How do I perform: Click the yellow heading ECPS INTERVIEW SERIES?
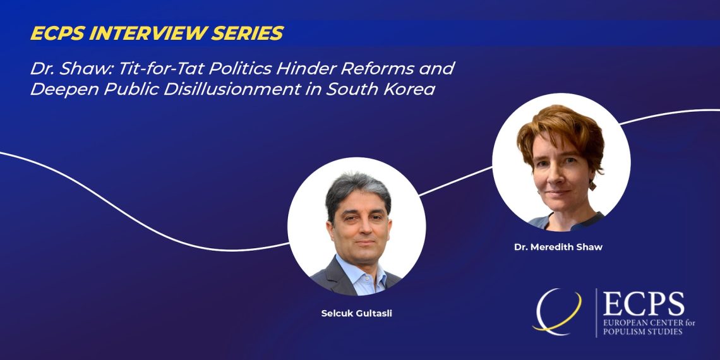(157, 33)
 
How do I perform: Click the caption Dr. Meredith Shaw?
(558, 247)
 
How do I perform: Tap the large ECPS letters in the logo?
(644, 304)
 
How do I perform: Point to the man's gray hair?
(357, 191)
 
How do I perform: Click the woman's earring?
(592, 185)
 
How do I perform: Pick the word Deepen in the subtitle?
(64, 90)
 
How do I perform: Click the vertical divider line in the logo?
(596, 313)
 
